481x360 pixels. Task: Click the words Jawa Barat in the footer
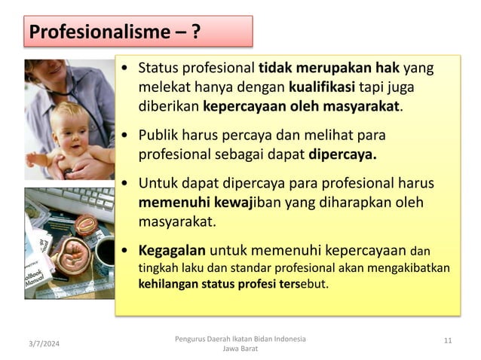coord(240,349)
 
